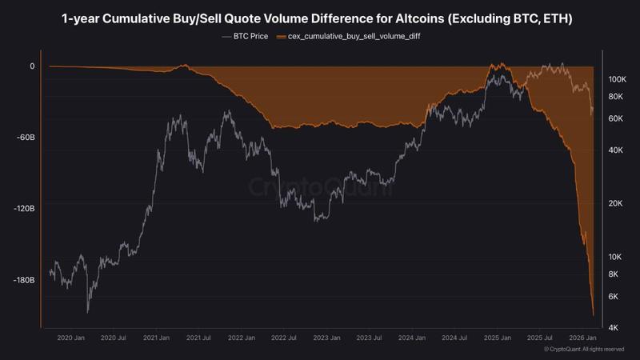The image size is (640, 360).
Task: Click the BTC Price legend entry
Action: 245,37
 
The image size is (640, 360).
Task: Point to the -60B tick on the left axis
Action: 23,137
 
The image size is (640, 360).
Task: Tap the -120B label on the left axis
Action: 22,208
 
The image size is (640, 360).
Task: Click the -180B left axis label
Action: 22,280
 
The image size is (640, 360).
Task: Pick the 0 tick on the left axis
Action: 32,66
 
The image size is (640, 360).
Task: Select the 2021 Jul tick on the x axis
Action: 198,338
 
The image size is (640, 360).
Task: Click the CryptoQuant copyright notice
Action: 583,350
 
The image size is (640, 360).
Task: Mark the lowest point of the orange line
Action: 593,315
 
